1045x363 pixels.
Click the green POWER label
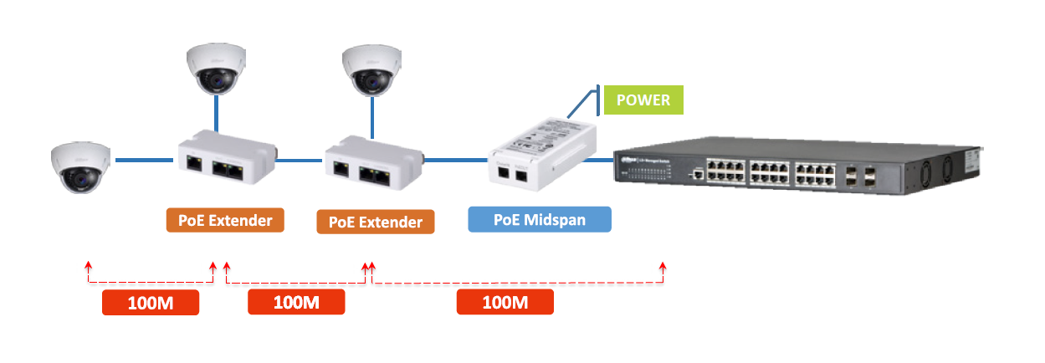(x=643, y=100)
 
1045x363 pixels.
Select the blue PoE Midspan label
(x=539, y=220)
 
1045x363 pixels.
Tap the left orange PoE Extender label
(x=225, y=221)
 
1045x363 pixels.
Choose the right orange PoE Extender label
(x=376, y=222)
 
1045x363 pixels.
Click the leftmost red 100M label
(x=151, y=302)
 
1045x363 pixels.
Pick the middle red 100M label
(x=296, y=302)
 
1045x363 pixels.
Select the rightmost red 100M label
(x=505, y=302)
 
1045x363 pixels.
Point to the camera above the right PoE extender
(x=372, y=70)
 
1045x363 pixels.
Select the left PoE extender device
(x=226, y=159)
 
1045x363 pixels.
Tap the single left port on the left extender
(x=193, y=165)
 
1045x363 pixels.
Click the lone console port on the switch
(x=695, y=175)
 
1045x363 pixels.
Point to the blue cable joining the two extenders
(x=300, y=159)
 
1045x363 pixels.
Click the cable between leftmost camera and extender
(x=145, y=159)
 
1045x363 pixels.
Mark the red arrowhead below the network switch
(x=663, y=267)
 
